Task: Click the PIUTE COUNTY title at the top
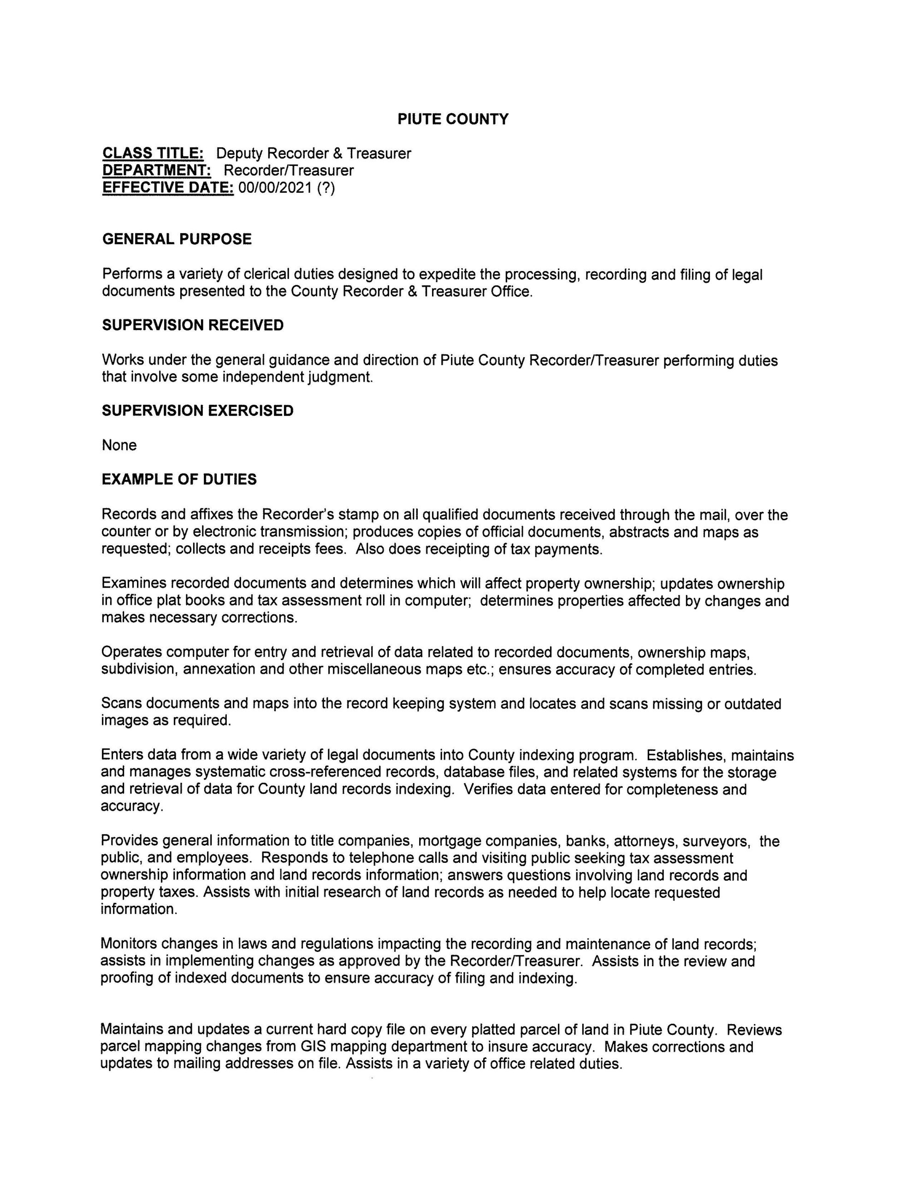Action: (453, 119)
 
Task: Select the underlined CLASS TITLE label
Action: (153, 153)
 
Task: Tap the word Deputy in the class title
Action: (239, 153)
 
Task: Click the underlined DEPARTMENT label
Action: (157, 170)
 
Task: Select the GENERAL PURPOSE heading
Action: (177, 239)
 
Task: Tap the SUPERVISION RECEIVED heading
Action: (192, 325)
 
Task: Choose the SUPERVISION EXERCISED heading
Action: (197, 411)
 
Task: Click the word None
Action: (119, 445)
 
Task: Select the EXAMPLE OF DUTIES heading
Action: (179, 479)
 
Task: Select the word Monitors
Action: (129, 944)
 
